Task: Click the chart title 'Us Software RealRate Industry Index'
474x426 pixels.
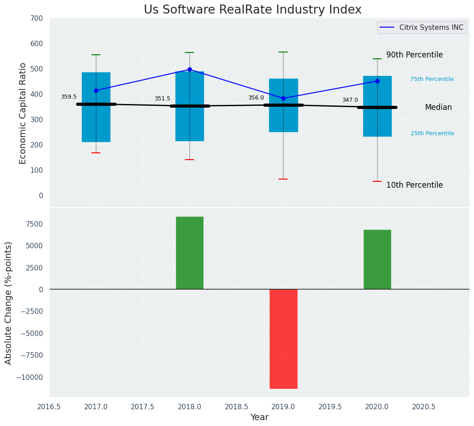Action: tap(252, 10)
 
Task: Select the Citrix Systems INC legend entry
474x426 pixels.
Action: tap(421, 28)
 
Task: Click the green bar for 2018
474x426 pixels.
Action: tap(190, 253)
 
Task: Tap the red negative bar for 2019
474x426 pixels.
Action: tap(283, 339)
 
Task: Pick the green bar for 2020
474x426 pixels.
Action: tap(377, 260)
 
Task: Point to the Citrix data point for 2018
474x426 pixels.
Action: tap(190, 69)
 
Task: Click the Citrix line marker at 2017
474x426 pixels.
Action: tap(96, 90)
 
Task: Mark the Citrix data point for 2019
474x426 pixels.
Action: tap(283, 98)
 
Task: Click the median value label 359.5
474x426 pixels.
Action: tap(69, 97)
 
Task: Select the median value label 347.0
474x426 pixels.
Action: tap(350, 100)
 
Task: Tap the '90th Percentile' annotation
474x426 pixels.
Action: tap(414, 55)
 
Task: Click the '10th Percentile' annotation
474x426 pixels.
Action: tap(414, 185)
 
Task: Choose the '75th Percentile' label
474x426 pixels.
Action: tap(432, 79)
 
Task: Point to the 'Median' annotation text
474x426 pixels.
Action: tap(438, 107)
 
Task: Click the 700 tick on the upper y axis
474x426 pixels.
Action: tap(37, 18)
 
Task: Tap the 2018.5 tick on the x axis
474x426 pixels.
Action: tap(237, 407)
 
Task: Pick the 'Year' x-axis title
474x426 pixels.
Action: tap(260, 417)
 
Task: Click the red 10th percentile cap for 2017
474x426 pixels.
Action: tap(96, 153)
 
